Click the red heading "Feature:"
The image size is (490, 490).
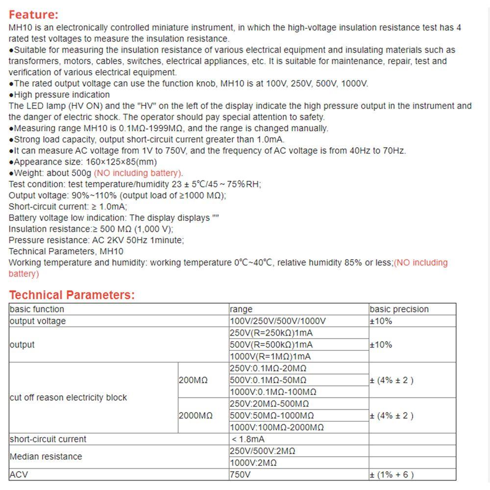33,15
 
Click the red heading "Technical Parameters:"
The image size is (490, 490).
72,295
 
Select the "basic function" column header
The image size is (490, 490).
37,309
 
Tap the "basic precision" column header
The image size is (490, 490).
399,309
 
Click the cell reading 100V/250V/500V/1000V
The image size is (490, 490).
277,321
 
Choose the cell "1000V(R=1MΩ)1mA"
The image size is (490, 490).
270,357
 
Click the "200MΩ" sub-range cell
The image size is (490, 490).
193,380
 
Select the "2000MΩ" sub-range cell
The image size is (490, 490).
196,416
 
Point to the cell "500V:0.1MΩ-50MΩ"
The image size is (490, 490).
268,380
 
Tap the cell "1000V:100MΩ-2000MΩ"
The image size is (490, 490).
276,427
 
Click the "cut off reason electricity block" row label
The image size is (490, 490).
68,397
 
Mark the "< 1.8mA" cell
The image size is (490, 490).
248,439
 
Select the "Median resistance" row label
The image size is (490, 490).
46,457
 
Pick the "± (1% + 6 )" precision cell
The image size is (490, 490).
392,474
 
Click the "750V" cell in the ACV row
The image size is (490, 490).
240,474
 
